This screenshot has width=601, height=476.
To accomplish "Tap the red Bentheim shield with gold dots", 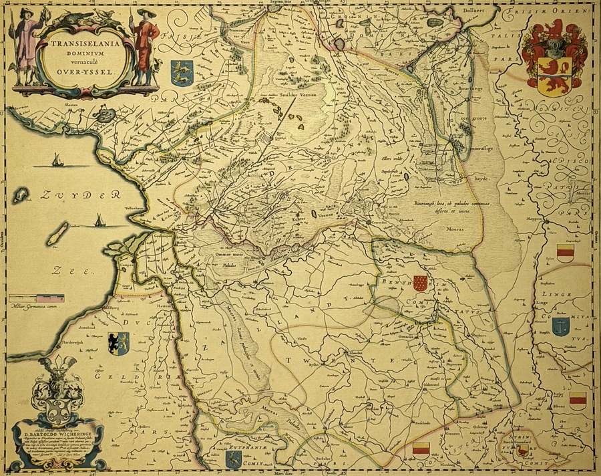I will (x=419, y=283).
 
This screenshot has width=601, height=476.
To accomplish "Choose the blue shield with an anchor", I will (x=559, y=326).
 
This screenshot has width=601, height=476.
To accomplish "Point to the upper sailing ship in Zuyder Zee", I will (x=57, y=161).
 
